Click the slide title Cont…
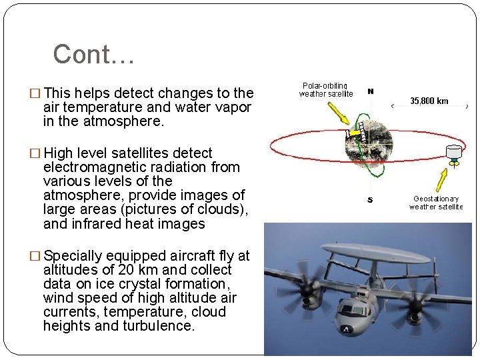pos(93,55)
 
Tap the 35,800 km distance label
pos(429,101)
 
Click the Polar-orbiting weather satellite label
pos(326,90)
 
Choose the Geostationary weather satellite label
pos(435,203)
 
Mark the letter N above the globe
pos(371,92)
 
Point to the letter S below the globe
pos(371,200)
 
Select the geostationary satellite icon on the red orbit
pos(455,153)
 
